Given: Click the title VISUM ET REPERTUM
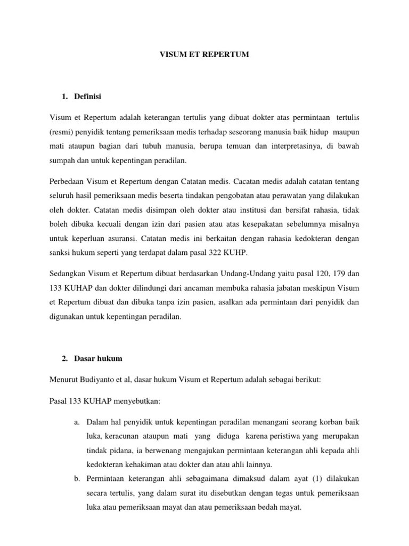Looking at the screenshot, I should [204, 55].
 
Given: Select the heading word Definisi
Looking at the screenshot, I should [88, 97].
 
